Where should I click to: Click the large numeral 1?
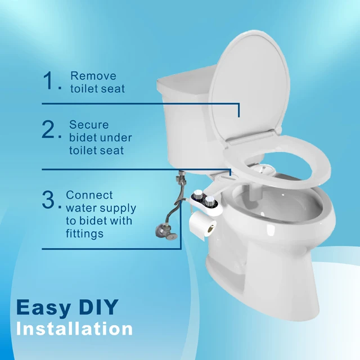[49, 82]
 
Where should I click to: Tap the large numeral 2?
[49, 130]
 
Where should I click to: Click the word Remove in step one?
[93, 76]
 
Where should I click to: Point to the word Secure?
[89, 125]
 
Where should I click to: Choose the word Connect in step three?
[89, 195]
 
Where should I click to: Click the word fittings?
[84, 233]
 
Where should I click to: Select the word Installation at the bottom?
[74, 328]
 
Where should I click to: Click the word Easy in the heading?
[44, 307]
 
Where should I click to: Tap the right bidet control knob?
[210, 201]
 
